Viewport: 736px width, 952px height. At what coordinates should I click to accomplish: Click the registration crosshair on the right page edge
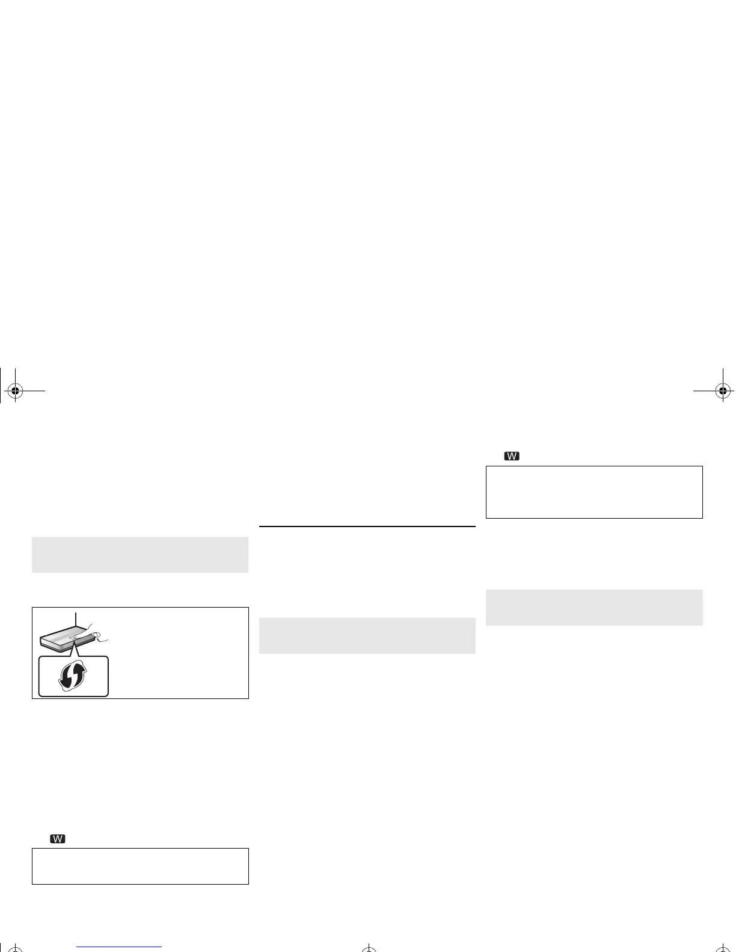point(723,391)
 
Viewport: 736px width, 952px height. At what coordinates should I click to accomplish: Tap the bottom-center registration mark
point(369,949)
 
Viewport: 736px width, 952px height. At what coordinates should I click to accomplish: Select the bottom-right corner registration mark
point(723,949)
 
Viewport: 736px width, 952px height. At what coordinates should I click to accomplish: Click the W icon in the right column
point(512,456)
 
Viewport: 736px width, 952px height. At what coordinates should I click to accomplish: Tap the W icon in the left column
point(58,839)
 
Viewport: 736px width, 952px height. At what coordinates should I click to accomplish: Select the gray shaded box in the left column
point(140,555)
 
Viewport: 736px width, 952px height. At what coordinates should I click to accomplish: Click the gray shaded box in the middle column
point(367,636)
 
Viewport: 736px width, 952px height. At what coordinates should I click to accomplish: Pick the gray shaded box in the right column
point(594,608)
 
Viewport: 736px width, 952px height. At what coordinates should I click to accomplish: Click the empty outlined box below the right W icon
point(594,492)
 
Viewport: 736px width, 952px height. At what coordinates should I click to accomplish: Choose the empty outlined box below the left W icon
point(140,866)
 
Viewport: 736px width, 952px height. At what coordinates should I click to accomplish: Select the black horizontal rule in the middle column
point(367,526)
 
